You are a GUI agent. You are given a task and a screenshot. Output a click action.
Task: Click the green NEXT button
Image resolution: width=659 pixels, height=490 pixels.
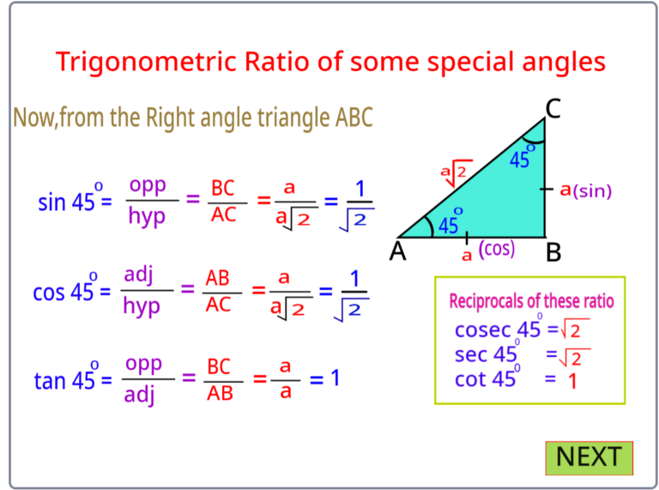point(589,457)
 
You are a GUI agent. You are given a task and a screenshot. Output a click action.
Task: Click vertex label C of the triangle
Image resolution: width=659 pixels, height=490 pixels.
point(554,108)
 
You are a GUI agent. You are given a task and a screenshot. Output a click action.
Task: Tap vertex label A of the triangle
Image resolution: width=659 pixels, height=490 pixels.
point(398,251)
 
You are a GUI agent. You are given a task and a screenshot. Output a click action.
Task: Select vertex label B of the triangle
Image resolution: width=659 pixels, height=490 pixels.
point(553,251)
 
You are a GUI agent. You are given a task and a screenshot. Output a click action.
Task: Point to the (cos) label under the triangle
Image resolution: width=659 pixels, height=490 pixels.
point(497,249)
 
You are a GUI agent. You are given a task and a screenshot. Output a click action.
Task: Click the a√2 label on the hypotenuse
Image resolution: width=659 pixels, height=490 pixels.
point(456,174)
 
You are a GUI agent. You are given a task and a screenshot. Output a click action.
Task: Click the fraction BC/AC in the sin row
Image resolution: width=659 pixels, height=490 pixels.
point(223,202)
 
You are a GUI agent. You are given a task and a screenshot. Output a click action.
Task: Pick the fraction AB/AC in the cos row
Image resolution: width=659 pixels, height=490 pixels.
point(218,292)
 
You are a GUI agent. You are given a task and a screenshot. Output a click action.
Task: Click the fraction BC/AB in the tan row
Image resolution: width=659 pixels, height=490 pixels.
point(220,379)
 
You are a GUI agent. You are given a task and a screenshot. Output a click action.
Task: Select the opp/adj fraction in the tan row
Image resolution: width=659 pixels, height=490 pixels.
point(143,378)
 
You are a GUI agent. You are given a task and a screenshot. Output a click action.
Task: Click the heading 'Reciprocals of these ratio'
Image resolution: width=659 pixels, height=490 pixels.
point(531,301)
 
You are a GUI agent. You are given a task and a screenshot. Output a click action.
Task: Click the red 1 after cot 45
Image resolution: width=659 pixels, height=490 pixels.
point(571,380)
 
